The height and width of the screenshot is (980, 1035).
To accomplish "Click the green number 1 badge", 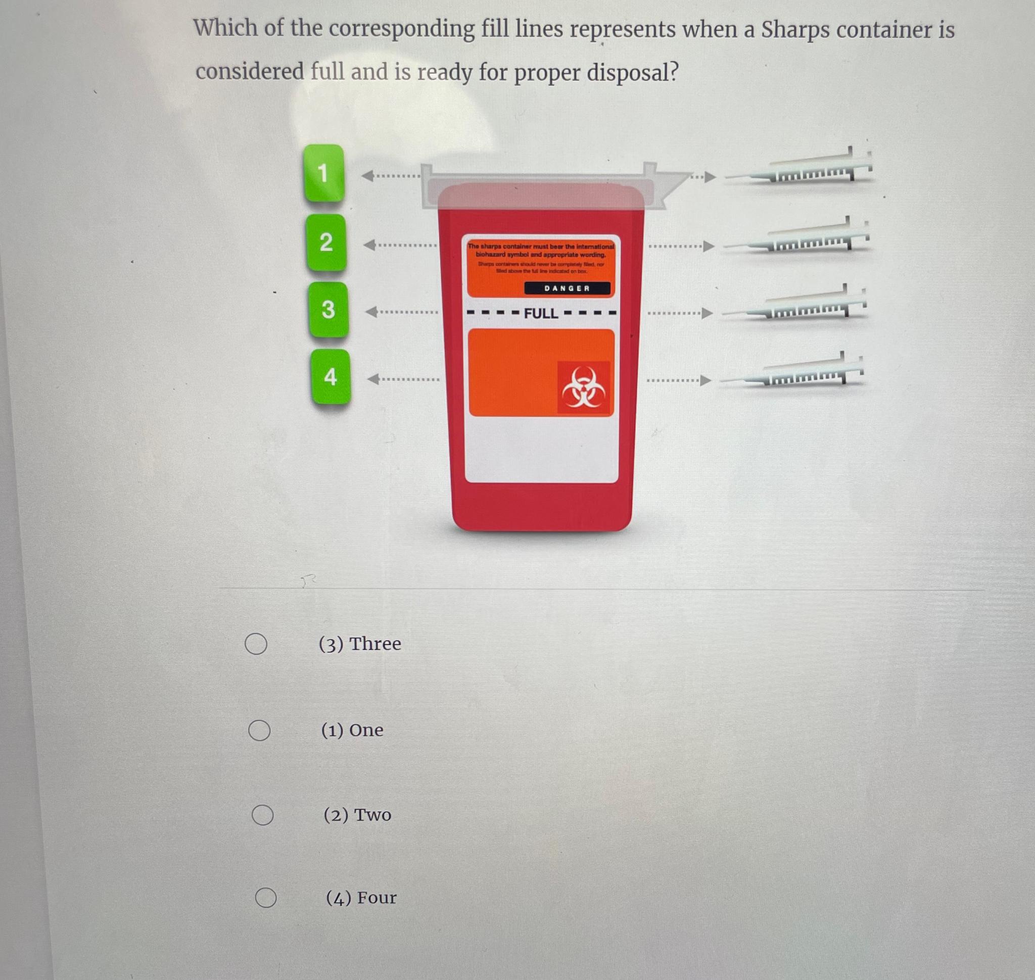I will pyautogui.click(x=323, y=173).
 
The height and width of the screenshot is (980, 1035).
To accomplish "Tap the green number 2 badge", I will pyautogui.click(x=325, y=242).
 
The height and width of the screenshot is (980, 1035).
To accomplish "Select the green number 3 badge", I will pyautogui.click(x=328, y=309).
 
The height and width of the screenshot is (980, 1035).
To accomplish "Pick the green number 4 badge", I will pyautogui.click(x=331, y=377).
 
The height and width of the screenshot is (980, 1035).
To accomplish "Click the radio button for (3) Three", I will pyautogui.click(x=256, y=644).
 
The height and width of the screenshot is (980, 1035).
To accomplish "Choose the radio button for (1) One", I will pyautogui.click(x=259, y=730).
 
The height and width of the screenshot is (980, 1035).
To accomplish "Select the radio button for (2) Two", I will pyautogui.click(x=262, y=815).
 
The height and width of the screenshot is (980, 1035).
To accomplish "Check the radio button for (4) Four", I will pyautogui.click(x=265, y=898).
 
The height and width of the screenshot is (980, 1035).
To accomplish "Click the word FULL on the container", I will pyautogui.click(x=541, y=313).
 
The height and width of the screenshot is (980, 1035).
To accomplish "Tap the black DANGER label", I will pyautogui.click(x=567, y=288).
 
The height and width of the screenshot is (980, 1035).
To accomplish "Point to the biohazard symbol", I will pyautogui.click(x=583, y=387).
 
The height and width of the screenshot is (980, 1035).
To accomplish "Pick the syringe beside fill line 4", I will pyautogui.click(x=792, y=374).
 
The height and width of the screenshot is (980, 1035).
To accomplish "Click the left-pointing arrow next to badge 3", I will pyautogui.click(x=371, y=312).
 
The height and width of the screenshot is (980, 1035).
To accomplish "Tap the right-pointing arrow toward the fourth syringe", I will pyautogui.click(x=705, y=380).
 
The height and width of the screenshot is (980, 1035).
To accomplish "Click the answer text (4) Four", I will pyautogui.click(x=361, y=898).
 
